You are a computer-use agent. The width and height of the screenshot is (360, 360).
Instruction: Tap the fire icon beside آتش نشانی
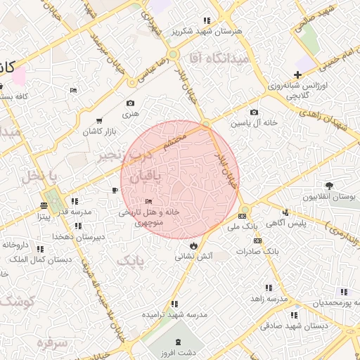coord(193,245)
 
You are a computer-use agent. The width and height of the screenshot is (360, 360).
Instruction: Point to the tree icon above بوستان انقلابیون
coord(329,186)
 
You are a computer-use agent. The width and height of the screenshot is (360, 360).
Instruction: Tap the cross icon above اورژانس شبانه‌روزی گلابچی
coord(297,75)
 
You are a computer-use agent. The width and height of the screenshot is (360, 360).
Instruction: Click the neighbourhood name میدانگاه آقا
coord(224,59)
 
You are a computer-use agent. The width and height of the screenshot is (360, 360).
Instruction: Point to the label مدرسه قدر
coord(72,212)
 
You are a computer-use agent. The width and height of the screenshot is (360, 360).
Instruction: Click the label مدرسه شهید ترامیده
coord(175,315)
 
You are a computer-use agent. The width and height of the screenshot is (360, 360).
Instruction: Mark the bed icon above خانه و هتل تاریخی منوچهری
coord(148,202)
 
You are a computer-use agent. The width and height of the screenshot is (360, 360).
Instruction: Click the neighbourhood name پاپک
coord(129,262)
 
